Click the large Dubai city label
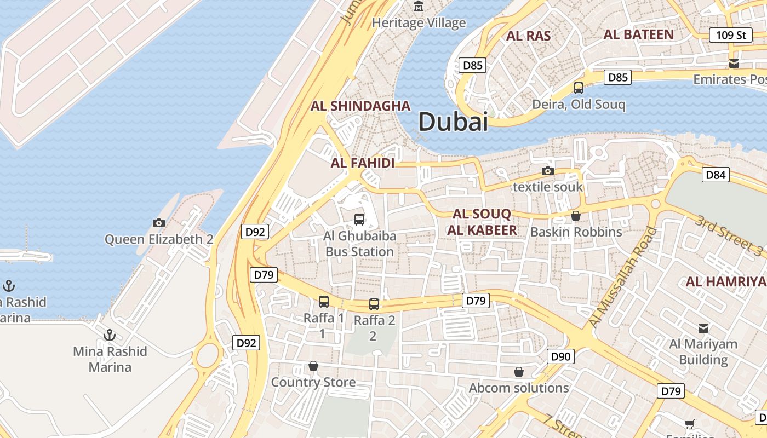453,122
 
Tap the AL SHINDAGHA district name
360,106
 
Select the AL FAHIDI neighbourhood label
362,163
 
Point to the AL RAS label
528,36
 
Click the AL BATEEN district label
638,34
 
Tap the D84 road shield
716,175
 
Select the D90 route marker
560,357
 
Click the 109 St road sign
730,35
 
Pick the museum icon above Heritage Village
419,7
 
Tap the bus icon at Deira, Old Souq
578,88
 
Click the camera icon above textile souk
547,171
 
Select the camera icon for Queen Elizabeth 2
159,223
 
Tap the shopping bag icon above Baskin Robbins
575,216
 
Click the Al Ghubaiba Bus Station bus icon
359,220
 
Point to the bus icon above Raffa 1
324,301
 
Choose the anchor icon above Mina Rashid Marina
110,335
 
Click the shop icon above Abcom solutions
518,372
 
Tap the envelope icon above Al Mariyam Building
703,328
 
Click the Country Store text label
313,382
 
